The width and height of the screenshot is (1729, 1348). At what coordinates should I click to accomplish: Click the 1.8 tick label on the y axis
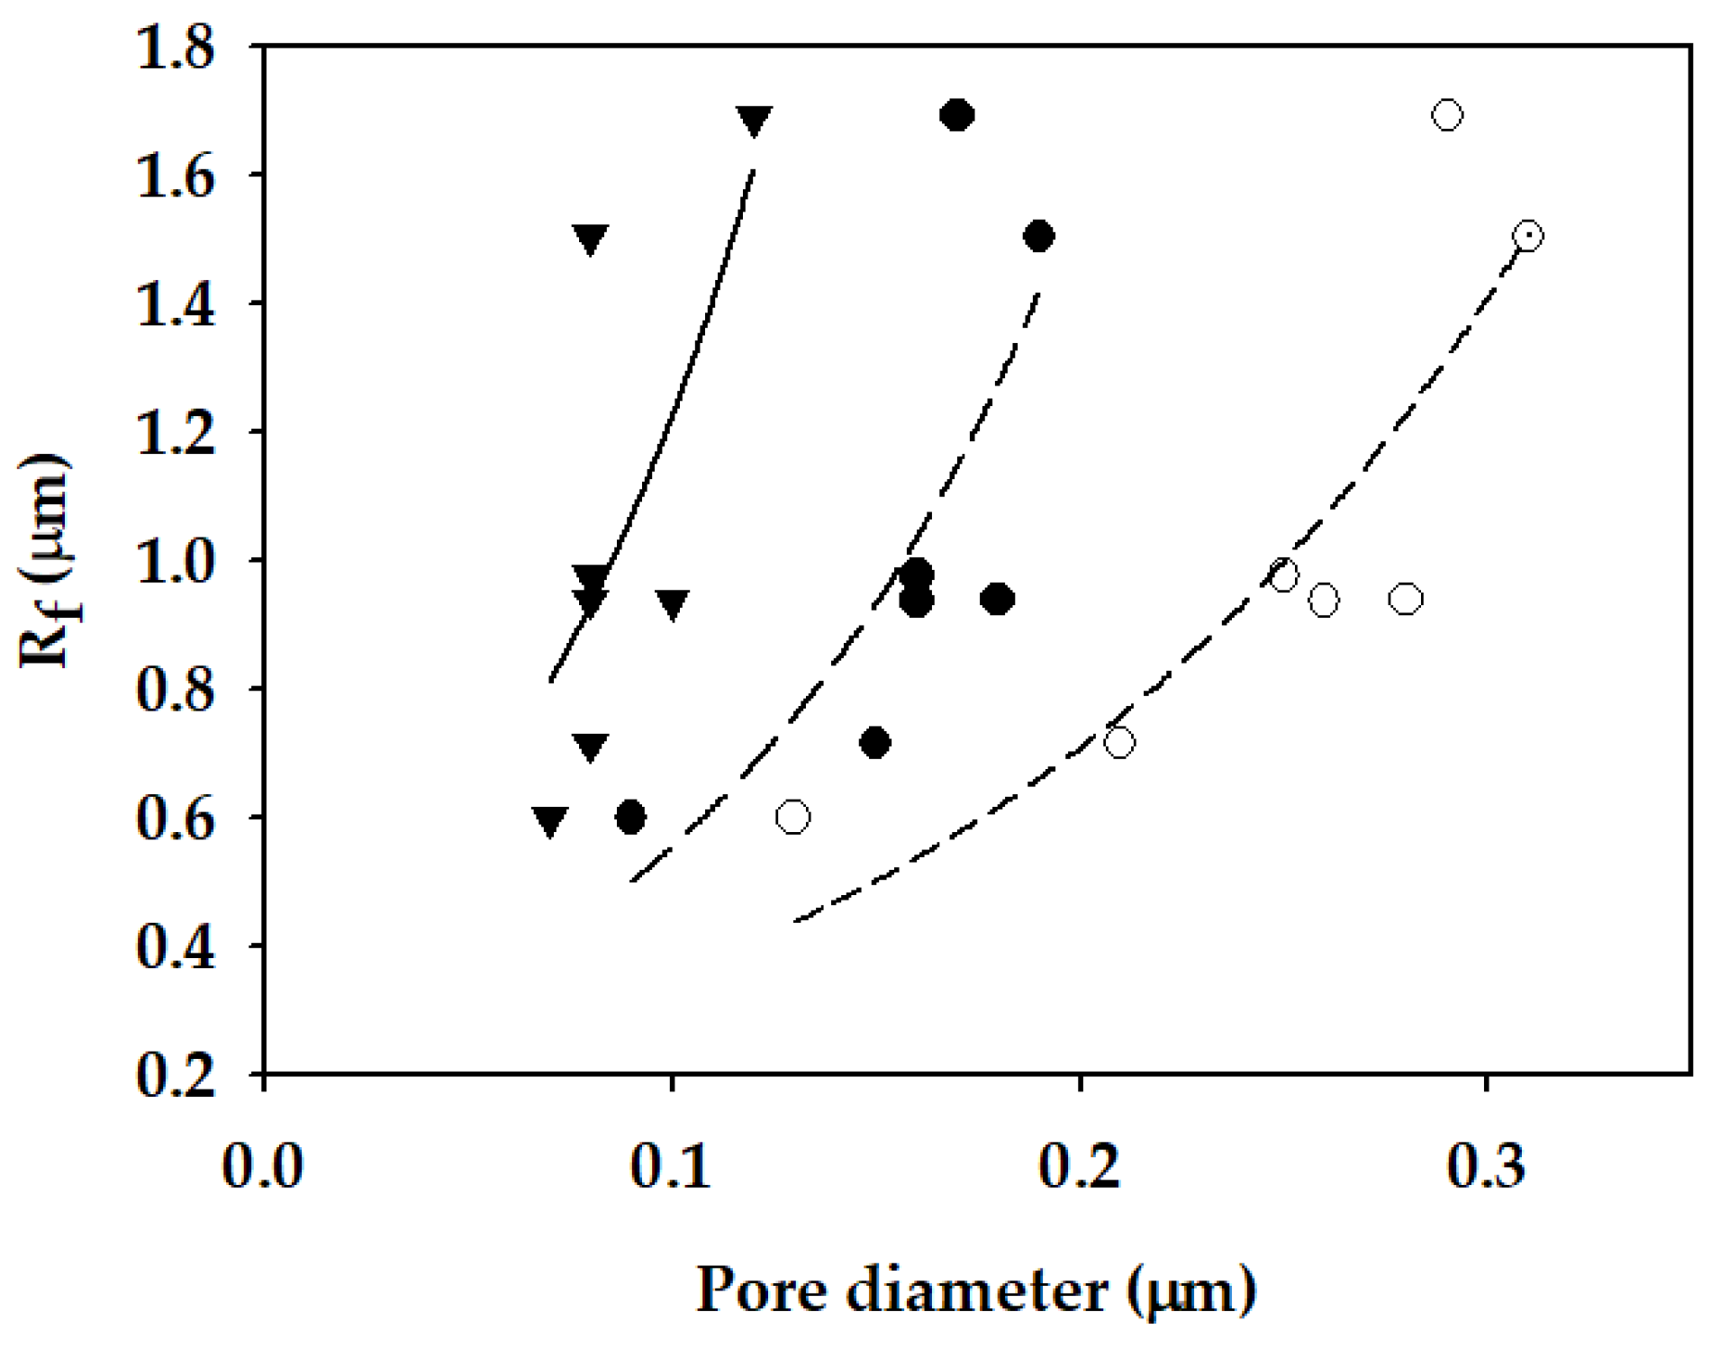tap(176, 47)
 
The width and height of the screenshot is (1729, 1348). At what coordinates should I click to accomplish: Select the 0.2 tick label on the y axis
tap(176, 1075)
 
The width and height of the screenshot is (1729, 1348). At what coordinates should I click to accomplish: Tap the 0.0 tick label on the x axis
tap(263, 1165)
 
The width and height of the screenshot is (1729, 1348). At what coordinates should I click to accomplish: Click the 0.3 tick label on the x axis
tap(1486, 1165)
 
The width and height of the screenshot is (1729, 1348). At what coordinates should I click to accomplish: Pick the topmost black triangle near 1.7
tap(754, 120)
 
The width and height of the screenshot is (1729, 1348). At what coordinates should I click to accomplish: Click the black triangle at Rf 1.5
tap(590, 240)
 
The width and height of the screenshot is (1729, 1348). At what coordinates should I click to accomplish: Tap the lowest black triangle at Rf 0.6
tap(549, 820)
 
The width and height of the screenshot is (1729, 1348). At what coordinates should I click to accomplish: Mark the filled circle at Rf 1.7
tap(957, 115)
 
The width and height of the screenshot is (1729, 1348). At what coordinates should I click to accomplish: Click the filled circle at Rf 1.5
tap(1038, 237)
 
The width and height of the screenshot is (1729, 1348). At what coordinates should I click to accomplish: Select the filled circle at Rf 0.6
tap(630, 818)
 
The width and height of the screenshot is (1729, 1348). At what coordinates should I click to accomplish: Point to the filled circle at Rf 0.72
tap(875, 743)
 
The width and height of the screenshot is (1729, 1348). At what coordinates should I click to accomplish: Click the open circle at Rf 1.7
tap(1446, 115)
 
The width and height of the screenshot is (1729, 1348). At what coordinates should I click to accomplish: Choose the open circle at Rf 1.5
tap(1527, 237)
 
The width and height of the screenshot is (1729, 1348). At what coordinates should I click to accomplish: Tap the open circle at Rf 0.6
tap(792, 818)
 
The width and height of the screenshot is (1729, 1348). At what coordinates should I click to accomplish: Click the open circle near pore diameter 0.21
tap(1118, 743)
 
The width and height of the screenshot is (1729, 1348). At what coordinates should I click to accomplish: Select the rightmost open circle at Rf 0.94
tap(1406, 600)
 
